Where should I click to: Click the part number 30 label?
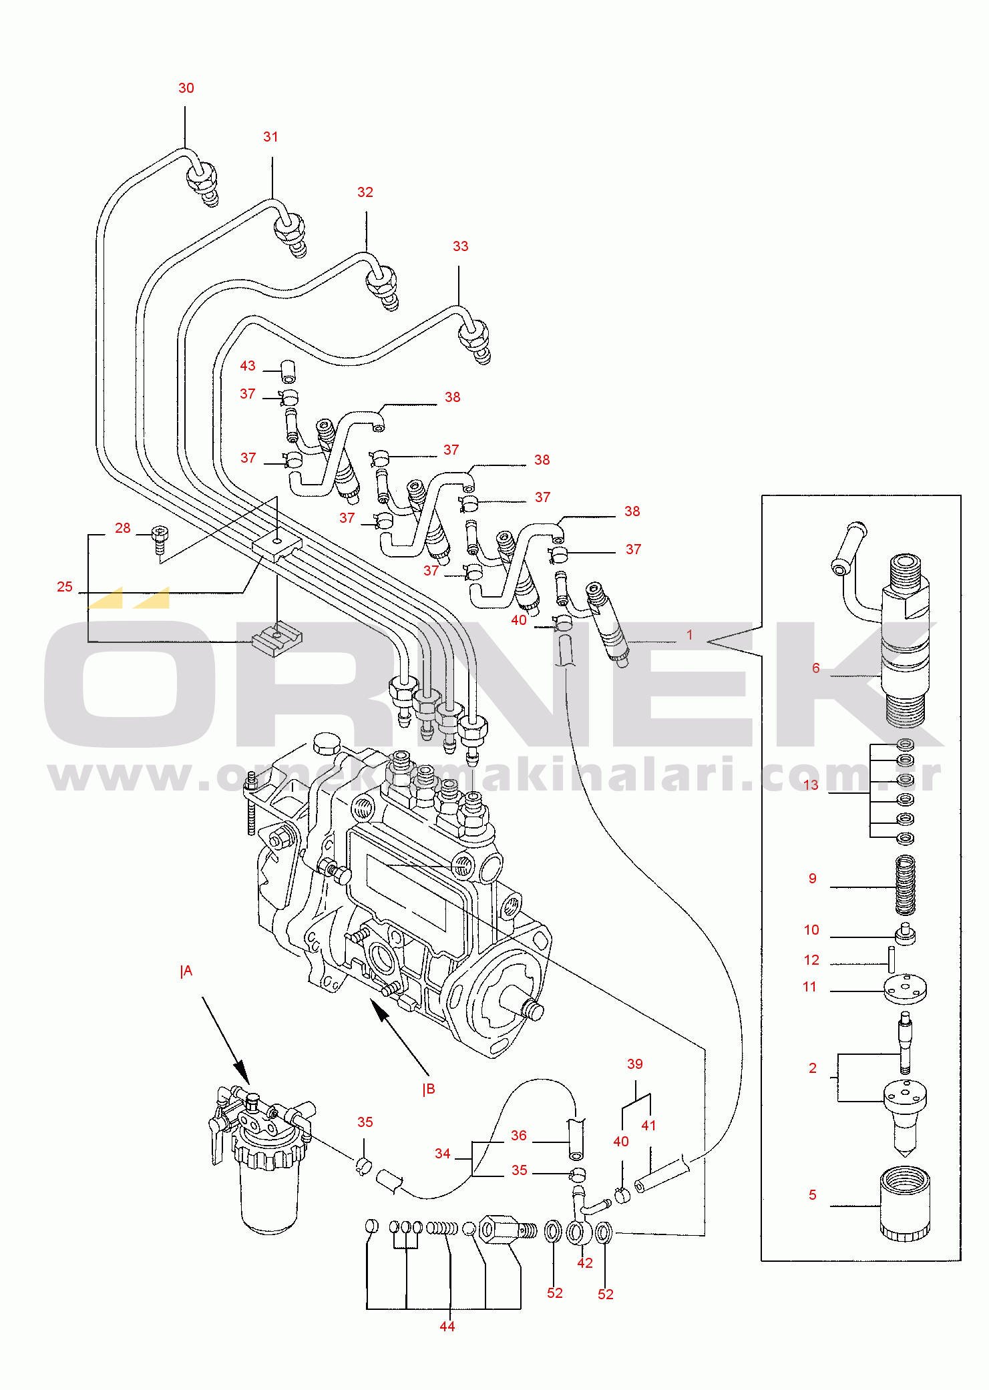tap(186, 88)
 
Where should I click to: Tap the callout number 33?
tap(460, 246)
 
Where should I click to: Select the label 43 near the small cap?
tap(247, 366)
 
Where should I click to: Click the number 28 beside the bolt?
tap(122, 528)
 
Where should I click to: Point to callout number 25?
tap(64, 587)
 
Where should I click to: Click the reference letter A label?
tap(186, 971)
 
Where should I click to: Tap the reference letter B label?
tap(429, 1090)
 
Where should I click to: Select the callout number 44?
tap(447, 1327)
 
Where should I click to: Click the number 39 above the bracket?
tap(634, 1064)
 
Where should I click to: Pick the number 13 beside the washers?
tap(810, 785)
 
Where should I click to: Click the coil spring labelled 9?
tap(905, 885)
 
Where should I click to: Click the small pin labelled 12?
tap(892, 959)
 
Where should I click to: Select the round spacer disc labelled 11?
tap(905, 989)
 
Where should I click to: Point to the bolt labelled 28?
tap(160, 538)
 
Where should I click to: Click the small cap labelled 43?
tap(288, 371)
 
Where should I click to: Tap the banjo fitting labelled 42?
tap(578, 1232)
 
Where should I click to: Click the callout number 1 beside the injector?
tap(689, 635)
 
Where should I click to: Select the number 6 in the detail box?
tap(815, 668)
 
